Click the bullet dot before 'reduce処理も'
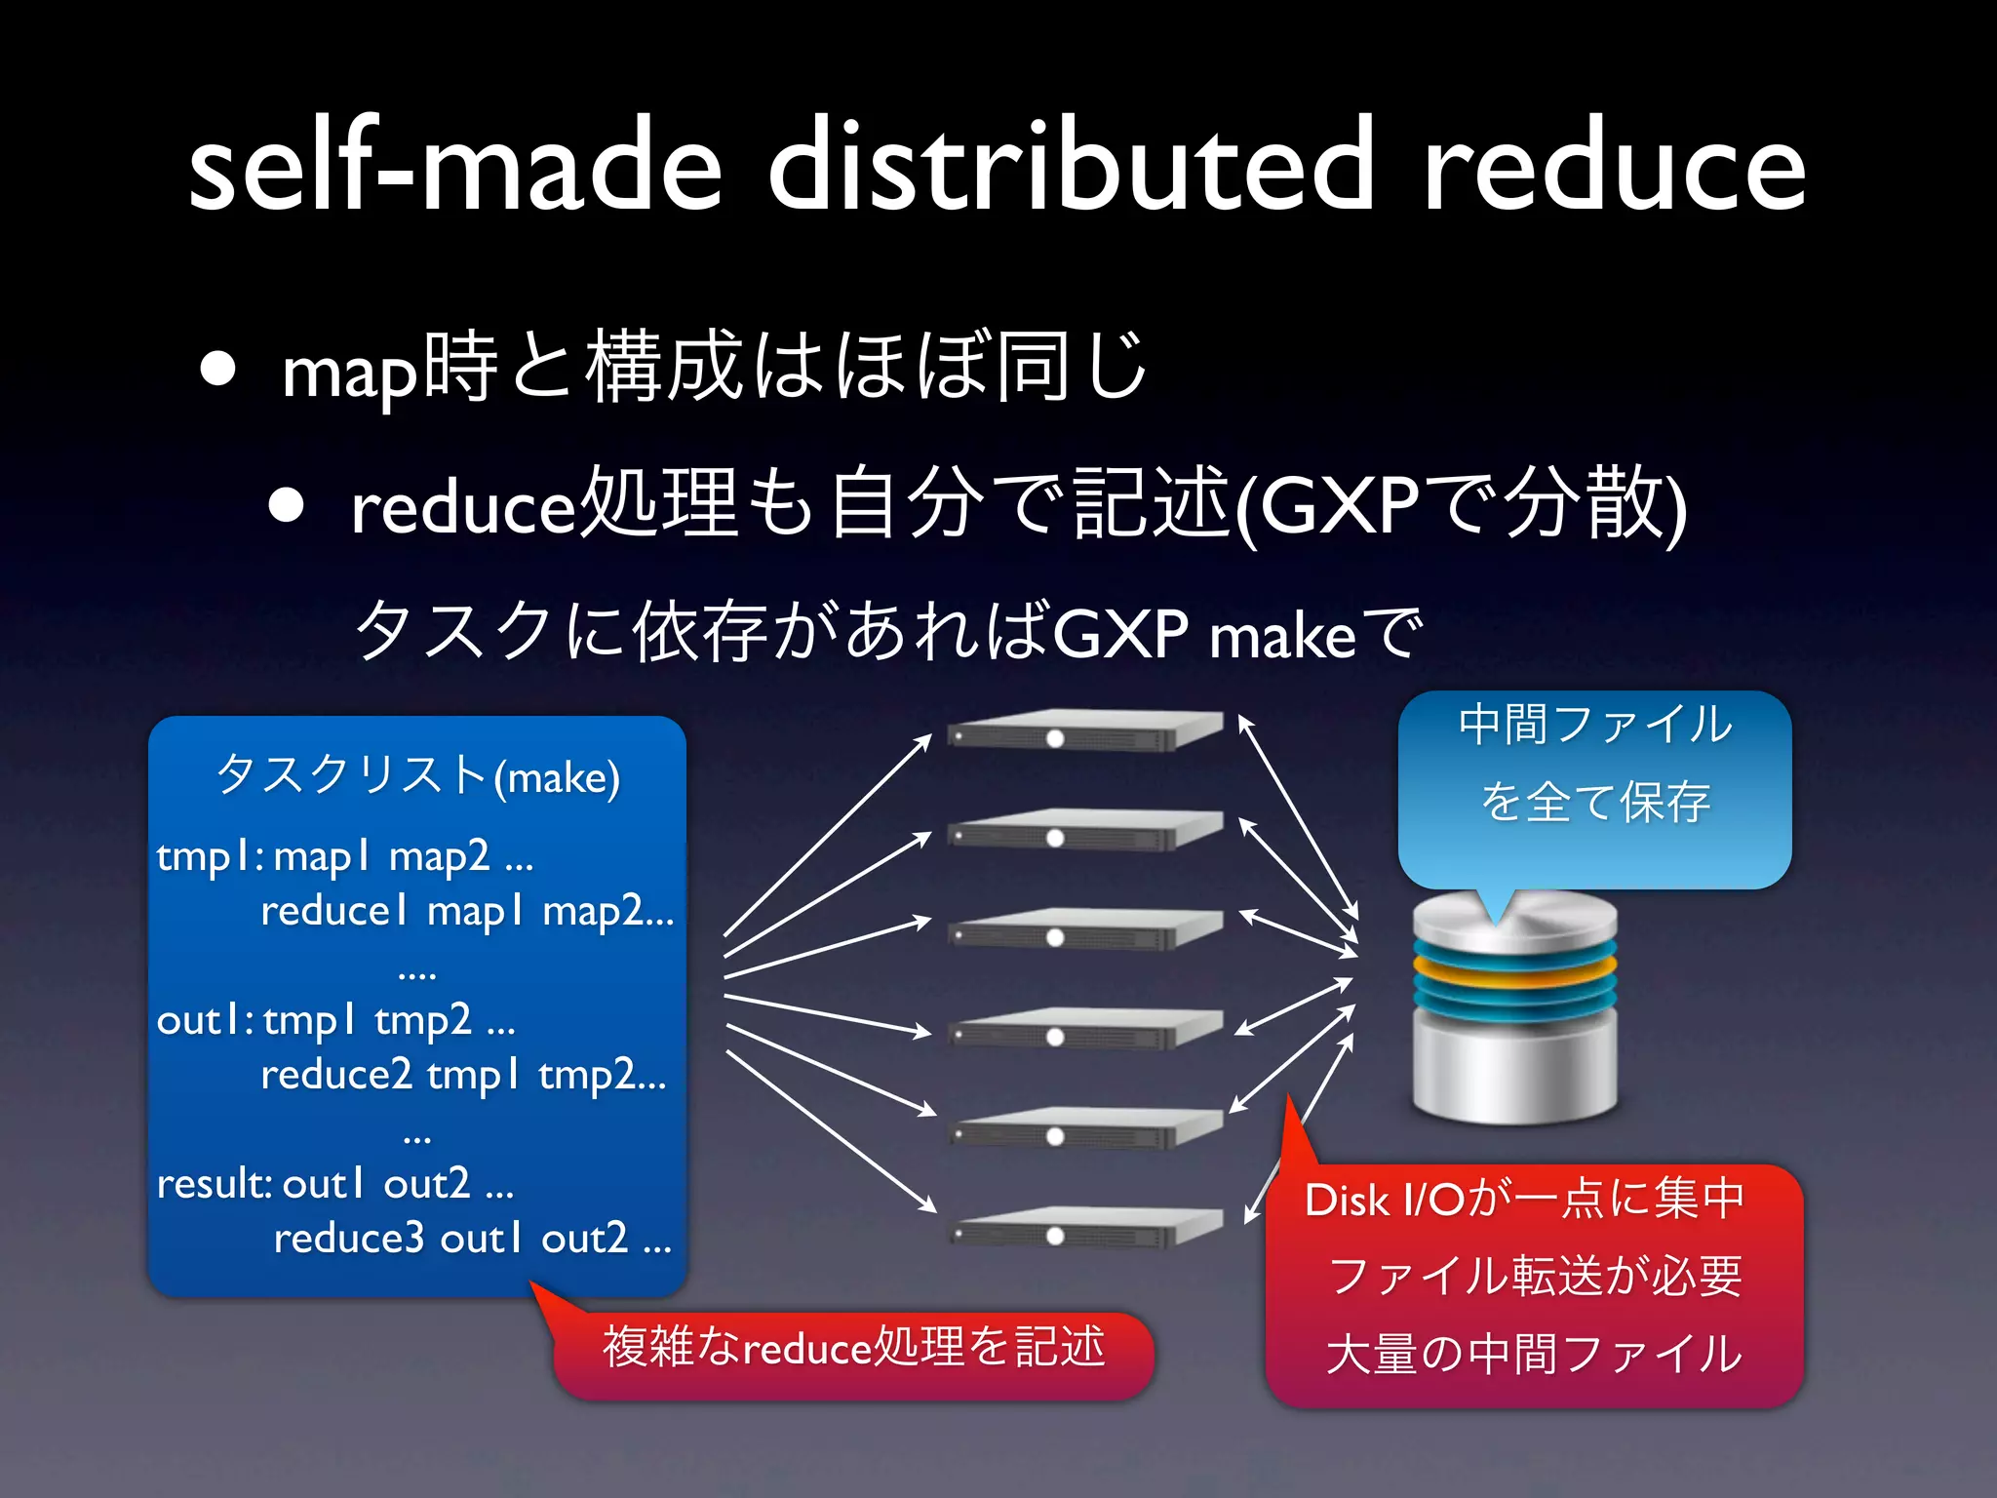coord(287,506)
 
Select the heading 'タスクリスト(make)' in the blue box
coord(417,776)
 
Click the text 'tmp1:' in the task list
coord(209,857)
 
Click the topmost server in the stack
coord(1084,730)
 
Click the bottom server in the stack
coord(1084,1228)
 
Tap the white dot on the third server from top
coord(1055,938)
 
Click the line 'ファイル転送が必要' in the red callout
coord(1535,1277)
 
